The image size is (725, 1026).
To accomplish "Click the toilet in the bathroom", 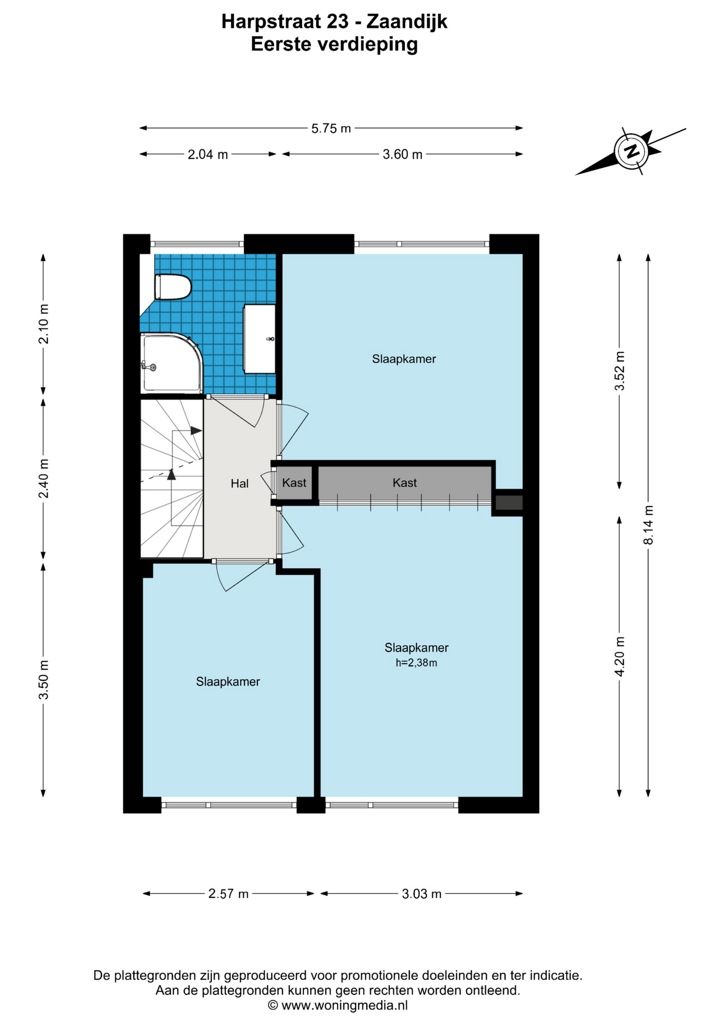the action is [x=172, y=287].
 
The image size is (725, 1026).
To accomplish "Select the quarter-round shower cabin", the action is [x=171, y=363].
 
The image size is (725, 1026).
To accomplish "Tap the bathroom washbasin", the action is [x=259, y=339].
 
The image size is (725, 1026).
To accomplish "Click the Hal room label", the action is [x=240, y=484].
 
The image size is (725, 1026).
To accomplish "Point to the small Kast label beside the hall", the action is [x=294, y=483].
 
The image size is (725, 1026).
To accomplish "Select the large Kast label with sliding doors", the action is [x=405, y=483].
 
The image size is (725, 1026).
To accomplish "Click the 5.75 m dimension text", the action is [x=331, y=128].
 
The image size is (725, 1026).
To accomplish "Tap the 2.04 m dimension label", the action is [x=208, y=154].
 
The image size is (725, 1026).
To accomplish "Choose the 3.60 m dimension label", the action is [x=403, y=154].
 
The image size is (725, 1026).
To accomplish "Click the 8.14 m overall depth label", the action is [x=649, y=525].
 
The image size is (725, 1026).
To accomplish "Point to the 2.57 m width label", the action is [x=228, y=893].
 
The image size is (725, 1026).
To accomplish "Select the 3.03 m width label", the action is [x=422, y=893].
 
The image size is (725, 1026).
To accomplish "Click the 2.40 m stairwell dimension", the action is [x=44, y=478].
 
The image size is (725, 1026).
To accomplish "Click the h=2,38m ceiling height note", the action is [x=416, y=663].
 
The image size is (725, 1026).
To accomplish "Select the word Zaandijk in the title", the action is [x=407, y=21].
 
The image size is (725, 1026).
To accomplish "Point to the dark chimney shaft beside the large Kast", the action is [x=509, y=502].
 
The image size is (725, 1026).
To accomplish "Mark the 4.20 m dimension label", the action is [x=620, y=656].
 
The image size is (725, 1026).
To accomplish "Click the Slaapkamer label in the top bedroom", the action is [x=404, y=359].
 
